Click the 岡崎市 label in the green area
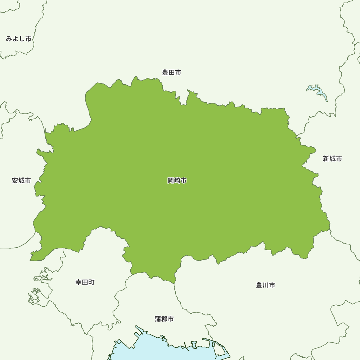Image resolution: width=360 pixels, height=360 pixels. click(x=177, y=181)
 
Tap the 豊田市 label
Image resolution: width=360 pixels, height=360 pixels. click(x=171, y=73)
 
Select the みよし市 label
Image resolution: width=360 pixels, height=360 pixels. click(x=19, y=39)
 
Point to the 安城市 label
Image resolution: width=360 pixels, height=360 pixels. click(x=21, y=181)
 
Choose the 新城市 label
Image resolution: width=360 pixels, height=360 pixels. click(x=332, y=159)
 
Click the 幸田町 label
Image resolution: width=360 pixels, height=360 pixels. click(x=85, y=282)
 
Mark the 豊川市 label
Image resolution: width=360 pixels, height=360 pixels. click(x=266, y=285)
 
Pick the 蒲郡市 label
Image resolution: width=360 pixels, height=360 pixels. click(x=165, y=319)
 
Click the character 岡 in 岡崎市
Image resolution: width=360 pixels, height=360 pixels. click(x=171, y=181)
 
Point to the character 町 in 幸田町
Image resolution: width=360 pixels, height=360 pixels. click(x=91, y=282)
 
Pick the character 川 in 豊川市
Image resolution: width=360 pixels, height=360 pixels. click(x=266, y=285)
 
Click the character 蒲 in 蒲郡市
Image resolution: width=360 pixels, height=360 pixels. click(x=158, y=319)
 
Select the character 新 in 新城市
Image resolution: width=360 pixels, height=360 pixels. click(x=326, y=159)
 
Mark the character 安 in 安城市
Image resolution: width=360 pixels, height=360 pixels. click(x=15, y=181)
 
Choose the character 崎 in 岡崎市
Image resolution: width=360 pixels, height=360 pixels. click(x=177, y=181)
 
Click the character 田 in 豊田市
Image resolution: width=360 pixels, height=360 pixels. click(x=171, y=73)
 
